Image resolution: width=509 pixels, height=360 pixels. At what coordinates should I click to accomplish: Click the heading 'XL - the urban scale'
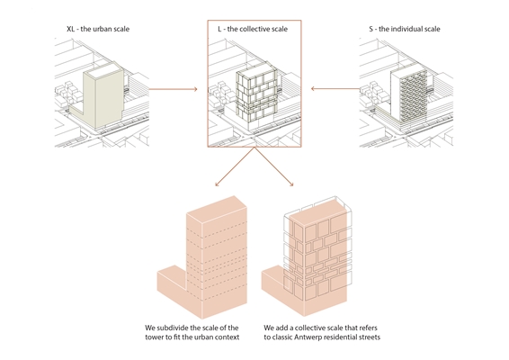coord(98,29)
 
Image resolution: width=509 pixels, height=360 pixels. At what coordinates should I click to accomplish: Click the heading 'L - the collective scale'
coord(253,29)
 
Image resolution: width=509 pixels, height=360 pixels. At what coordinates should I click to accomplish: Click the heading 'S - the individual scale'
coord(405,29)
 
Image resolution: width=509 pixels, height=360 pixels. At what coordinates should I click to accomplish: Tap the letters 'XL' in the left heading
coord(70,29)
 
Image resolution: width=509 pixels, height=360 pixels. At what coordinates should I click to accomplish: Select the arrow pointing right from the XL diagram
coord(173,89)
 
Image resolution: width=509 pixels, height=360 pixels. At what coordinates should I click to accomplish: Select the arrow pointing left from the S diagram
coord(335,88)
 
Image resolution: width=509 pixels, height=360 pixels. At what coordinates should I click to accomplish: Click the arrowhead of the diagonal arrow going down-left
coord(217,184)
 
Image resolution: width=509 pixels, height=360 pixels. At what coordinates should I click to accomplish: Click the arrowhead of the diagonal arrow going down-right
coord(291,184)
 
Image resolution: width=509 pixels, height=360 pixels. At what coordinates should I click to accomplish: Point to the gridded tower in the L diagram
coord(256,95)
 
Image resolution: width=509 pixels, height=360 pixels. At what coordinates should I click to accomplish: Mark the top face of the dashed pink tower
coord(217,209)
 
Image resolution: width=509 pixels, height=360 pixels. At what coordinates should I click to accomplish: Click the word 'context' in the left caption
coord(227,337)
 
